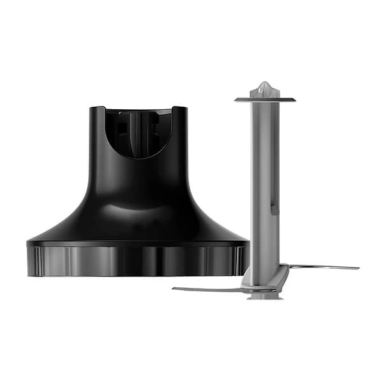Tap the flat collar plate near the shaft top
coord(264,99)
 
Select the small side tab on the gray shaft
coord(274,209)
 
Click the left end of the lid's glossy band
coord(31,260)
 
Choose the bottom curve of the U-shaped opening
coord(138,157)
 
